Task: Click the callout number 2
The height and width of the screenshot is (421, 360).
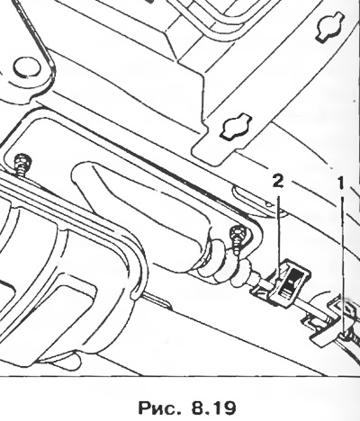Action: (x=278, y=181)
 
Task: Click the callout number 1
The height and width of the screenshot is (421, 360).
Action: (x=340, y=183)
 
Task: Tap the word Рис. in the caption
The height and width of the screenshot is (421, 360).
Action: (x=157, y=408)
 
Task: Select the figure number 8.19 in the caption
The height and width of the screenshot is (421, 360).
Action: (x=212, y=408)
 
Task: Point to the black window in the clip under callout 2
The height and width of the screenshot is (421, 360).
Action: (x=291, y=282)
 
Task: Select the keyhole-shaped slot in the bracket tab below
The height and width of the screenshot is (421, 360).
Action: (x=235, y=126)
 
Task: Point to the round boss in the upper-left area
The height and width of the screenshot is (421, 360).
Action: (x=26, y=67)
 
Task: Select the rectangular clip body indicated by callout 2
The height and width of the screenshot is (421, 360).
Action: (x=290, y=282)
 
